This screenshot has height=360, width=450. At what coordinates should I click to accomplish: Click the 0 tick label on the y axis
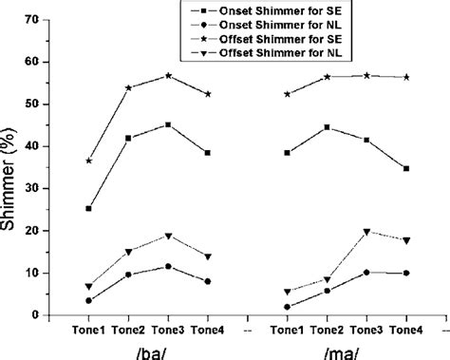pos(37,315)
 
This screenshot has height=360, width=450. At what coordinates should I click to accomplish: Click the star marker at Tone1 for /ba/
pos(88,161)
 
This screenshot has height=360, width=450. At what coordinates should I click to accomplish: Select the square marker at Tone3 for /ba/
pos(168,124)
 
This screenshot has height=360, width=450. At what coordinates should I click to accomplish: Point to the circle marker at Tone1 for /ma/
pos(288,307)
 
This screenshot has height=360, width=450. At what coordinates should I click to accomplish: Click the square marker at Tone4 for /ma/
pos(406,168)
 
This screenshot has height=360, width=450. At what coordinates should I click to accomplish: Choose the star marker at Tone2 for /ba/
pos(128,87)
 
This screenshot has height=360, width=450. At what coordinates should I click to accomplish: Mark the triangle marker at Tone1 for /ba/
pos(88,286)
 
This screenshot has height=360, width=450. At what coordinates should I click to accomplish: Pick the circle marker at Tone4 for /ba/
pos(208,281)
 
